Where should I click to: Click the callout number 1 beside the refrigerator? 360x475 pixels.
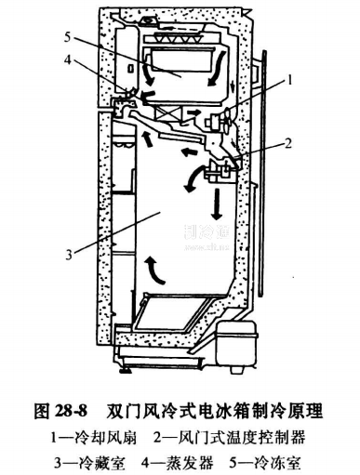[x=293, y=82]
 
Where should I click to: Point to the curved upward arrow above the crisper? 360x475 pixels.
[x=158, y=270]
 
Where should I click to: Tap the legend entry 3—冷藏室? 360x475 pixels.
[x=87, y=457]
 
